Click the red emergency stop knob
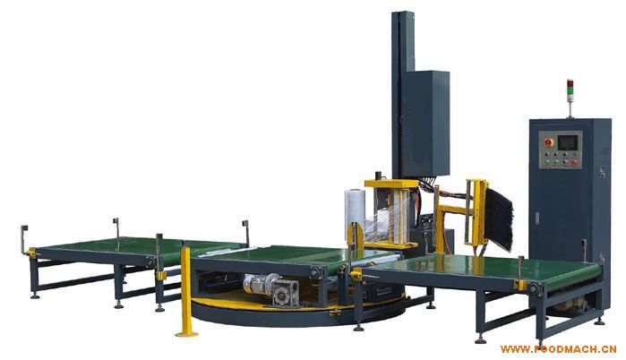point(549,142)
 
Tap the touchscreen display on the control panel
point(567,142)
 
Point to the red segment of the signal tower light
point(570,83)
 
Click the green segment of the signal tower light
point(570,95)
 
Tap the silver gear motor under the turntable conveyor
point(271,290)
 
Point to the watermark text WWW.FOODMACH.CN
point(559,349)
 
